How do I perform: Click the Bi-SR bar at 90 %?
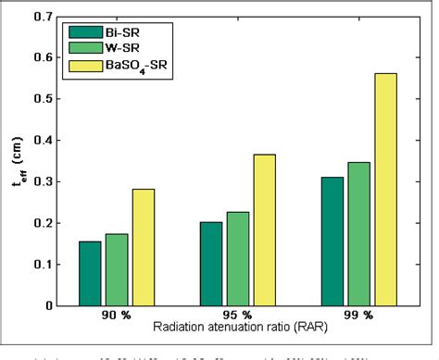coord(90,273)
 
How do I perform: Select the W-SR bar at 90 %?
coord(117,269)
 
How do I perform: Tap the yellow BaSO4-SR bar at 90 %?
coord(144,247)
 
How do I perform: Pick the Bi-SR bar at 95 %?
coord(211,264)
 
